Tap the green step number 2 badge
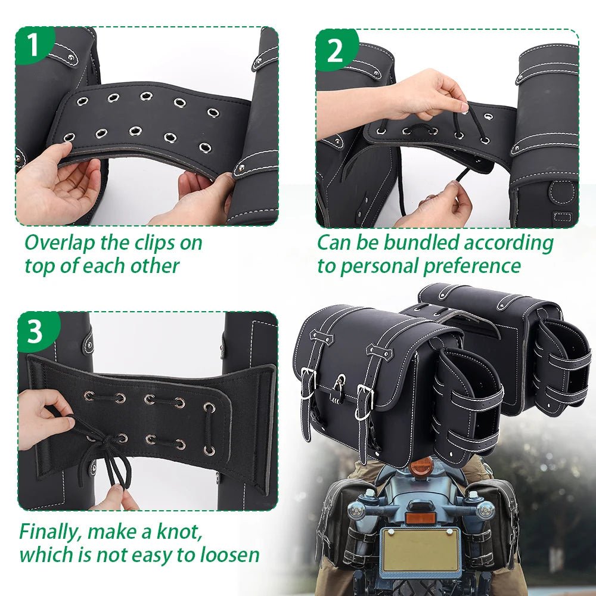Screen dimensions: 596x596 tap(336, 49)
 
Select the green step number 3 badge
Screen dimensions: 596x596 tap(37, 331)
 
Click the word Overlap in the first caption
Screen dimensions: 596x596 tap(59, 243)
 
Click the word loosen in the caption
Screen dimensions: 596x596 tap(229, 555)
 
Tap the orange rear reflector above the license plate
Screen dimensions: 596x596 tap(420, 517)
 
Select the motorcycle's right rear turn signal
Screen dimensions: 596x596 tap(485, 510)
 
